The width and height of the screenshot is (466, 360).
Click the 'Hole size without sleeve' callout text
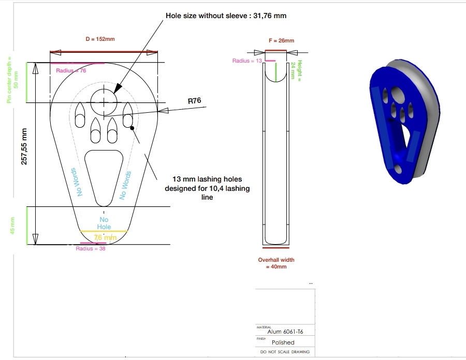226,16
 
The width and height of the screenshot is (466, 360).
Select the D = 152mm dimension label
100,39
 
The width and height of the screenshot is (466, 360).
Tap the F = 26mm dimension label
282,41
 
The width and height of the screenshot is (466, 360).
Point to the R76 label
194,101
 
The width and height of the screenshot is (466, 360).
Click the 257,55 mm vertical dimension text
24,146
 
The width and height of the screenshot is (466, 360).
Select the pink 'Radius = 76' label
71,71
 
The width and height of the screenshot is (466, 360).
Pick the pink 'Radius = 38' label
91,248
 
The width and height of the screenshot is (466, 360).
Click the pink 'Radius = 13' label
247,61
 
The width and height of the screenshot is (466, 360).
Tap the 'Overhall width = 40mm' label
276,263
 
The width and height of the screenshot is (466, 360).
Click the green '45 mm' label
12,226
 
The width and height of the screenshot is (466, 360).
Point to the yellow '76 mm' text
105,237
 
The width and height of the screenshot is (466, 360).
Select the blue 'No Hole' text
104,223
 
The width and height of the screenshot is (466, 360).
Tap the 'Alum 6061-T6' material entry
285,332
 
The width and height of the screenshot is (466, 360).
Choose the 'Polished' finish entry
283,342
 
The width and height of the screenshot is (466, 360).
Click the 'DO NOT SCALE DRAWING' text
285,352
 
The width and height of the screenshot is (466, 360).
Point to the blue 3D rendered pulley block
404,122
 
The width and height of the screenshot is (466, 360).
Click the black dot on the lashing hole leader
132,128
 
